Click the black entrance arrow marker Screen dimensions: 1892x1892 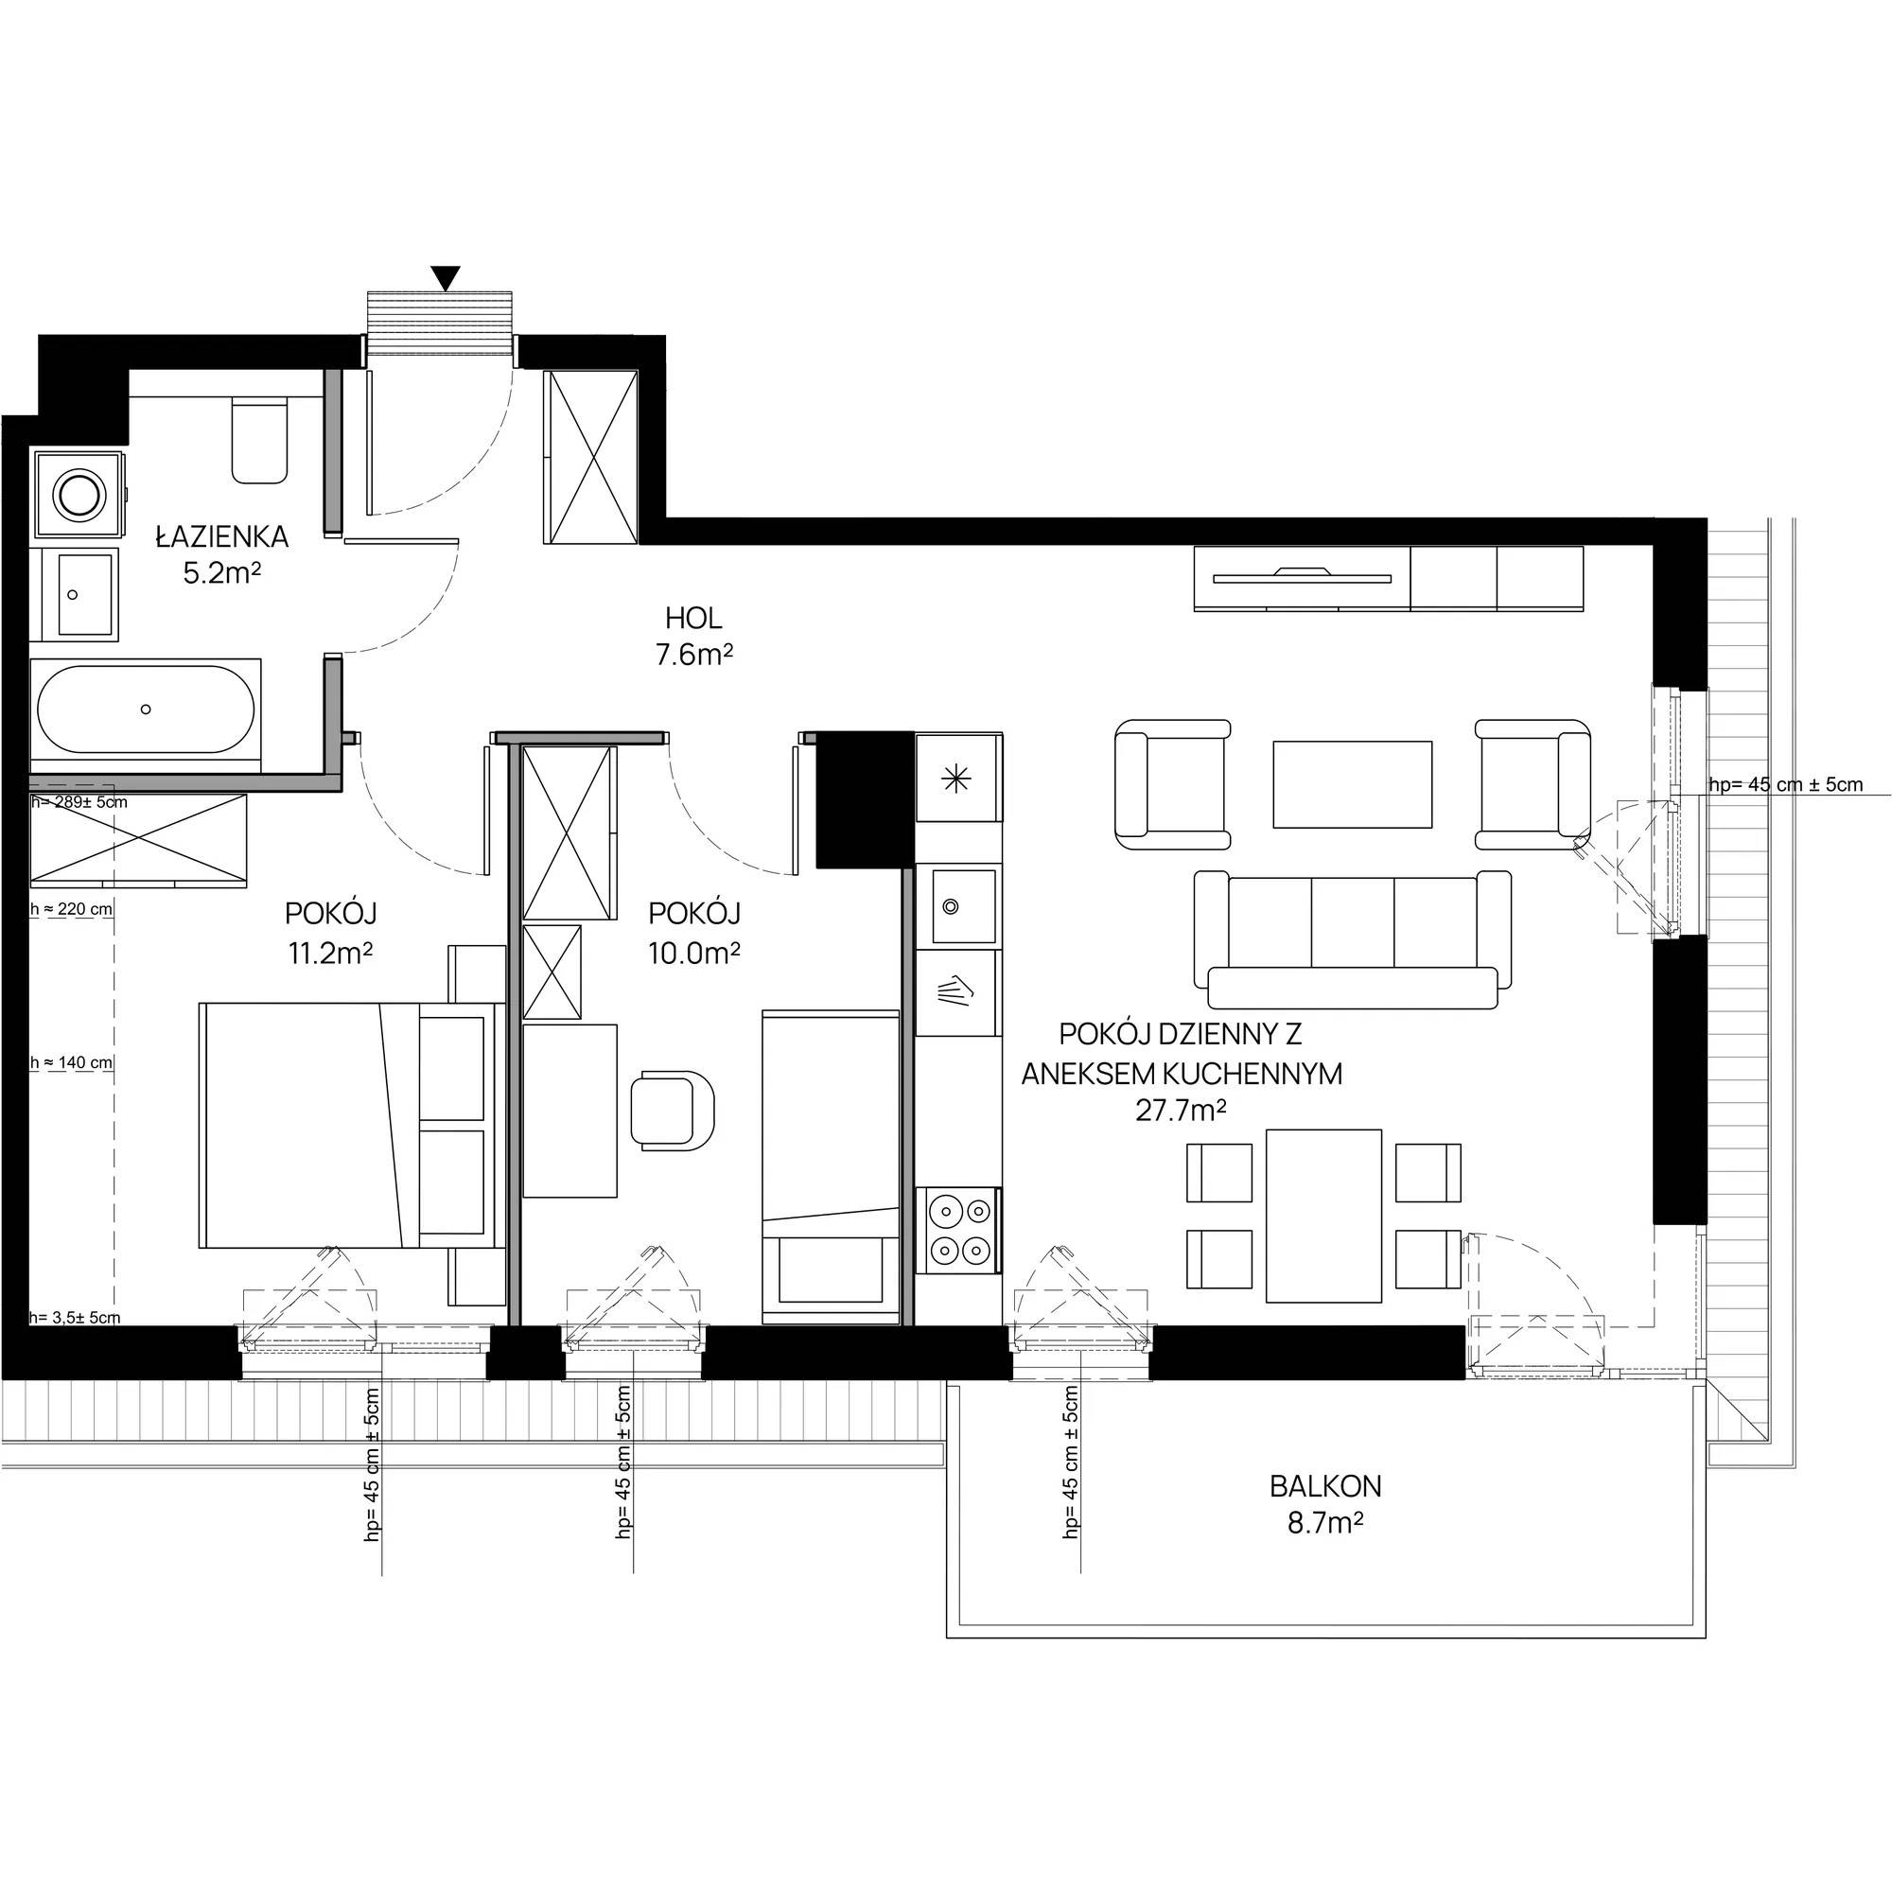tap(446, 278)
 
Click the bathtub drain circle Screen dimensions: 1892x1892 tap(146, 709)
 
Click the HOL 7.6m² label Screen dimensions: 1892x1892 tap(693, 637)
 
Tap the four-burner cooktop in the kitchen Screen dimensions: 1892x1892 tap(958, 1230)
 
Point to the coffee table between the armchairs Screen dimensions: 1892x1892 tap(1353, 784)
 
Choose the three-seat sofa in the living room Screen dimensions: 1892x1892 tap(1353, 939)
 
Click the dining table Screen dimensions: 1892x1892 tap(1324, 1216)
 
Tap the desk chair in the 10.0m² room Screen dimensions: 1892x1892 tap(672, 1111)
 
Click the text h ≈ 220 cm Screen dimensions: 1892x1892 tap(72, 909)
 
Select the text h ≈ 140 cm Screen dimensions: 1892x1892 tap(72, 1062)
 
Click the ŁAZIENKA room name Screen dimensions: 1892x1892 tap(222, 536)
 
